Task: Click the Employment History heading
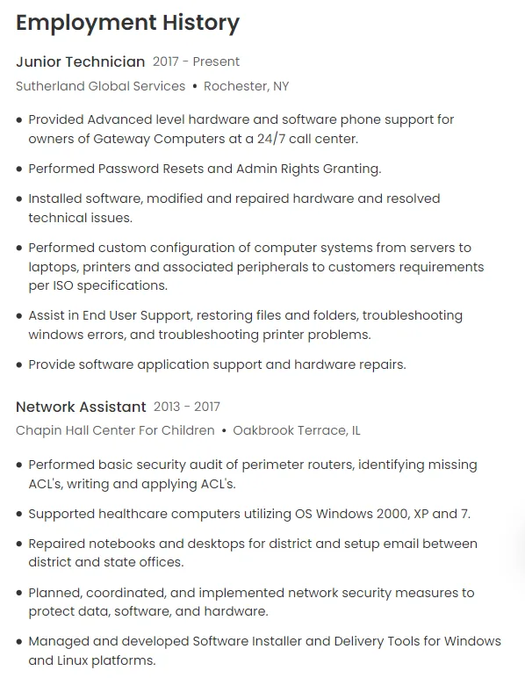click(x=127, y=23)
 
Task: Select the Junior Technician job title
click(x=80, y=61)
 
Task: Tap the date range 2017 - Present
click(x=196, y=61)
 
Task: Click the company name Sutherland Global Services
click(x=100, y=86)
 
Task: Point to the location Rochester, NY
click(x=246, y=86)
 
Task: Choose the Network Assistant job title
click(x=81, y=407)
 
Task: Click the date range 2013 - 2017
click(x=187, y=407)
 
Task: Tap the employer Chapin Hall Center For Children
click(x=115, y=430)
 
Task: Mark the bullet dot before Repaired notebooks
click(x=19, y=544)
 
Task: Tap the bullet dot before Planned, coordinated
click(x=19, y=594)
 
